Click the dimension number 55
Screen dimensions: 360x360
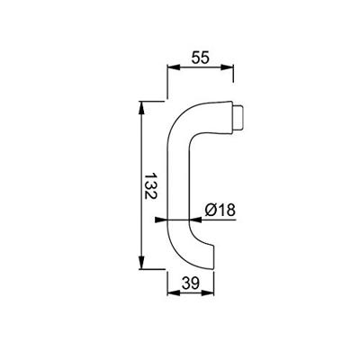point(202,56)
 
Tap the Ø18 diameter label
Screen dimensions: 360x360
point(220,209)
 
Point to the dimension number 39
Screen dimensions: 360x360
point(190,283)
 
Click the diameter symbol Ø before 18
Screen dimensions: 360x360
point(211,209)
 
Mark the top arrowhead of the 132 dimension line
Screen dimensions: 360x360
point(142,107)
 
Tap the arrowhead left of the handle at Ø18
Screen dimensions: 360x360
point(162,219)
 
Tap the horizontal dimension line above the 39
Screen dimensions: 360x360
point(191,293)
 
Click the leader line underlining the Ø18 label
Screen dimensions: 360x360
point(220,219)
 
